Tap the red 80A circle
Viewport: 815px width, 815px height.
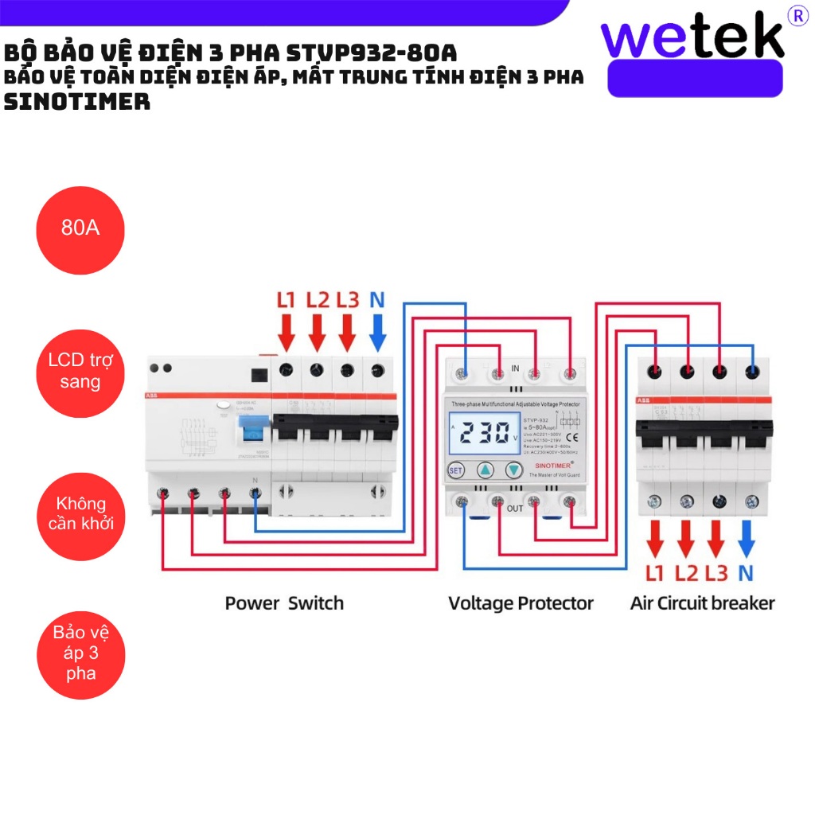tap(80, 229)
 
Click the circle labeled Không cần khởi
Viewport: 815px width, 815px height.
tap(80, 514)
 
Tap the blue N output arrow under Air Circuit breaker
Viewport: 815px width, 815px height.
tap(746, 539)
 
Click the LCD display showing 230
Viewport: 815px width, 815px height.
tap(485, 434)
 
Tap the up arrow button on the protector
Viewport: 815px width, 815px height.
tap(485, 470)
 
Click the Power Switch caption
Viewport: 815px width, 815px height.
tap(284, 603)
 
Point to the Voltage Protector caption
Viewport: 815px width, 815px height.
tap(521, 603)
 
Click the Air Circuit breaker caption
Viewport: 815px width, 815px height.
tap(702, 603)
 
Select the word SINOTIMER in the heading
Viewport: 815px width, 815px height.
tap(77, 103)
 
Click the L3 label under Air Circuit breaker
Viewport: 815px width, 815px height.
tap(716, 573)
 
